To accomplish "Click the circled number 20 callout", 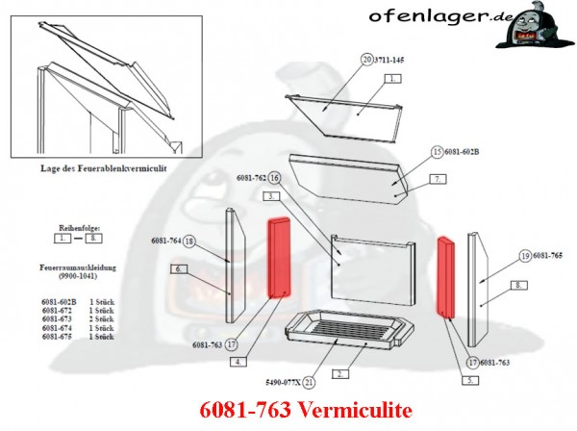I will point(366,60).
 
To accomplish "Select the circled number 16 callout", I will point(274,178).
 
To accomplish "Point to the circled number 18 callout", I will point(189,241).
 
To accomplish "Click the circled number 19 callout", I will point(525,256).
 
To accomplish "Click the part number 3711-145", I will point(391,60).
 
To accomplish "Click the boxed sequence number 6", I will point(179,270).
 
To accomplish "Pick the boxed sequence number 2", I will point(340,372).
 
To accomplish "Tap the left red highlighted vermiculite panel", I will point(280,258).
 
